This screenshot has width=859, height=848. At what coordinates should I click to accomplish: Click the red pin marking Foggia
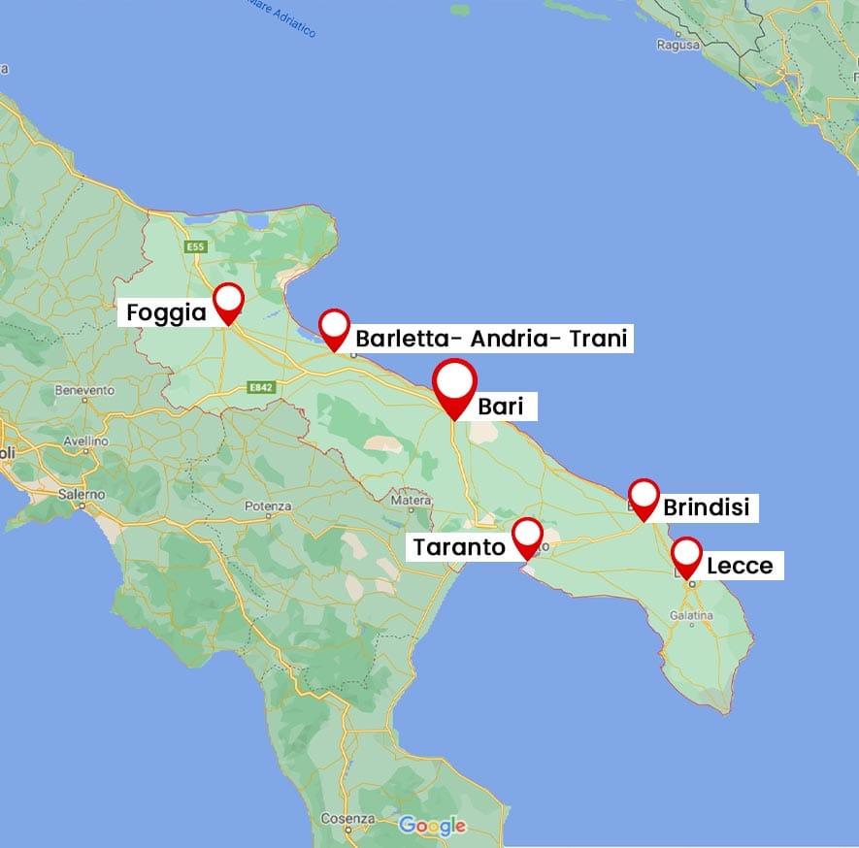228,301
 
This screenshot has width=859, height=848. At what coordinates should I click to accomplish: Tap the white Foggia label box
167,312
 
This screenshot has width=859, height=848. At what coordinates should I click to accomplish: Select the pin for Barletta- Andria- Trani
334,327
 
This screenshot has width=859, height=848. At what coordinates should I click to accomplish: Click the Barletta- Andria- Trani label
491,339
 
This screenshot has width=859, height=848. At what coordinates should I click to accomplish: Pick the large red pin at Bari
455,385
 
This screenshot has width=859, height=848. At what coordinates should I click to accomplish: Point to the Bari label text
500,407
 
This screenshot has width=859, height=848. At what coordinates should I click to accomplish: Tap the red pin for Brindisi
644,497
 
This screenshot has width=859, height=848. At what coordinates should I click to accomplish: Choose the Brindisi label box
706,507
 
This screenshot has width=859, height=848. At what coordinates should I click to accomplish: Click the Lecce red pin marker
687,556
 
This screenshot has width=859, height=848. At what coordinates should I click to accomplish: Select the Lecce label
739,565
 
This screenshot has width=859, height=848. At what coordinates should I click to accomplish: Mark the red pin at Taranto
527,536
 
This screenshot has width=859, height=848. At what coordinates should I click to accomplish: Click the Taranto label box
459,547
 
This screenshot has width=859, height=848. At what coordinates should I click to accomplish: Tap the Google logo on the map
432,826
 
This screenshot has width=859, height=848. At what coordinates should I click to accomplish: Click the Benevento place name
85,390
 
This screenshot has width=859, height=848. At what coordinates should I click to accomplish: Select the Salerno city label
81,494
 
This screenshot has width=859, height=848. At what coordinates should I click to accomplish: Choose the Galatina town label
690,615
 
